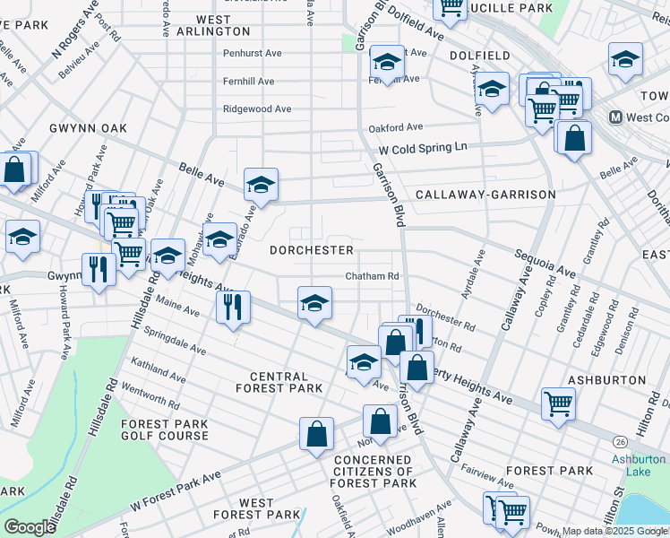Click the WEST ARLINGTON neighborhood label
[x=213, y=25]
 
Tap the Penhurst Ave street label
[x=253, y=54]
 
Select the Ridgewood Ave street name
[x=257, y=109]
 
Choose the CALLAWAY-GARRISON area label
[x=485, y=195]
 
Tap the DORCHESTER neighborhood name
[x=312, y=250]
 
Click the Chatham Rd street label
[x=372, y=277]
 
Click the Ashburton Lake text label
[x=638, y=465]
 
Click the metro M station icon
[x=616, y=117]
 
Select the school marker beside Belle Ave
[x=261, y=185]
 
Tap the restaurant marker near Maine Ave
[x=233, y=306]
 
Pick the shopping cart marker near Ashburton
[x=558, y=403]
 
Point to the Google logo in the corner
[x=30, y=527]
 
